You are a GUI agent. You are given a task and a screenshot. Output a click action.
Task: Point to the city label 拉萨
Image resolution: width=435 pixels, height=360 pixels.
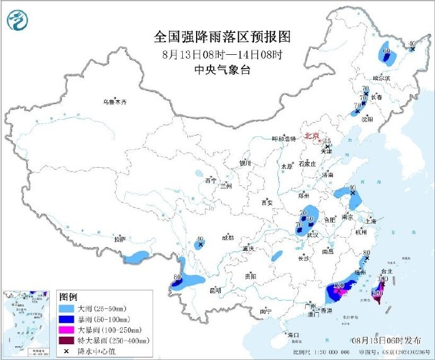119,240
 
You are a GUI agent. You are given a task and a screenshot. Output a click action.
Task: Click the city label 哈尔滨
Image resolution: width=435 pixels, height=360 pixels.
381,78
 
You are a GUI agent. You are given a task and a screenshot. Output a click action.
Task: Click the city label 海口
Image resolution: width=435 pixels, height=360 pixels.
293,334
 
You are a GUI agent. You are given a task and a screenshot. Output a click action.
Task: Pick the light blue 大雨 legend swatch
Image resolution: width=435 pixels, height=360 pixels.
67,308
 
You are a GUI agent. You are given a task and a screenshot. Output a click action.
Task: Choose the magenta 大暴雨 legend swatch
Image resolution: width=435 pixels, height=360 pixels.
67,330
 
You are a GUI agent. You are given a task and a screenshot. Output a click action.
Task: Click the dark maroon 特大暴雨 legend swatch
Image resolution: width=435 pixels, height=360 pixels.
67,340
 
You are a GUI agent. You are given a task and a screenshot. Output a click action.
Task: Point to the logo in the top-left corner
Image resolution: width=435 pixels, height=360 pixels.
18,20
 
